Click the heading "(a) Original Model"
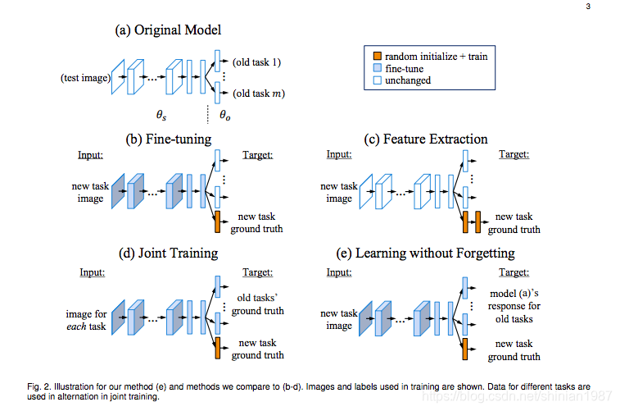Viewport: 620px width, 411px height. pyautogui.click(x=168, y=30)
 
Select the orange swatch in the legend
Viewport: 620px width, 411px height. pyautogui.click(x=378, y=57)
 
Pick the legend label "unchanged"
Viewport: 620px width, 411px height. pyautogui.click(x=408, y=80)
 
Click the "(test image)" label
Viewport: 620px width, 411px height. pyautogui.click(x=85, y=79)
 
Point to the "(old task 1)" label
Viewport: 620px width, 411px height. pyautogui.click(x=256, y=62)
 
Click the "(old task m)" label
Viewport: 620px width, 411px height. pyautogui.click(x=258, y=94)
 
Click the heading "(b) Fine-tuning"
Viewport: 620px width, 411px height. pyautogui.click(x=168, y=139)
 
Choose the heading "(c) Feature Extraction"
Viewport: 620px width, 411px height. pyautogui.click(x=426, y=139)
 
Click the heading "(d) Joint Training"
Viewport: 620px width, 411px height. pyautogui.click(x=171, y=253)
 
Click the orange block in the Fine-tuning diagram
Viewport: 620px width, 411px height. pyautogui.click(x=218, y=221)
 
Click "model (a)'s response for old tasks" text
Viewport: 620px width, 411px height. pyautogui.click(x=514, y=306)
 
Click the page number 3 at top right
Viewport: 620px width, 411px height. pyautogui.click(x=588, y=7)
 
